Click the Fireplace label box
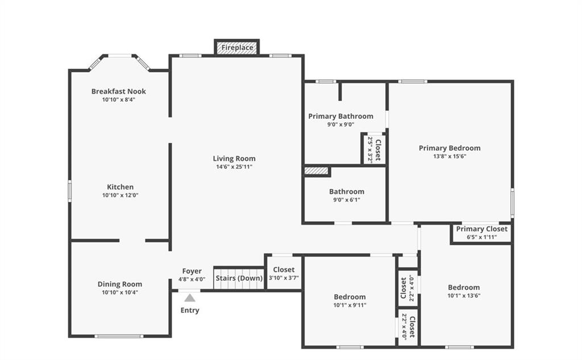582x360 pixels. click(237, 47)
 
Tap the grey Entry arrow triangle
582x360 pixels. click(190, 297)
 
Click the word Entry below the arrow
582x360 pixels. click(190, 310)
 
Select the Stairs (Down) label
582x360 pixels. click(239, 278)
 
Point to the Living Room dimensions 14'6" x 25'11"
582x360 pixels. click(234, 167)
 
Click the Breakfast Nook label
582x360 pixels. click(118, 91)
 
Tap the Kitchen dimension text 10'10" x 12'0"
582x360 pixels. click(120, 195)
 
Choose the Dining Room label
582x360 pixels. click(119, 284)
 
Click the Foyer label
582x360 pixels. click(192, 271)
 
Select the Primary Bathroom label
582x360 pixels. click(341, 116)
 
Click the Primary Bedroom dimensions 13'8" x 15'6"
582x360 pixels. click(450, 156)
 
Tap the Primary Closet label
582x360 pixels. click(481, 229)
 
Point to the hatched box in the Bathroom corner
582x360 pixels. click(316, 171)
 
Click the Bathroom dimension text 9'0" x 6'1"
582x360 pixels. click(347, 200)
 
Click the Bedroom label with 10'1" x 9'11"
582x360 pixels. click(350, 297)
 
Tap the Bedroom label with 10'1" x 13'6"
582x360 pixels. click(464, 287)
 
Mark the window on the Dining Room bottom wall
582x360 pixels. click(119, 336)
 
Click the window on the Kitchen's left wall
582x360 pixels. click(69, 191)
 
